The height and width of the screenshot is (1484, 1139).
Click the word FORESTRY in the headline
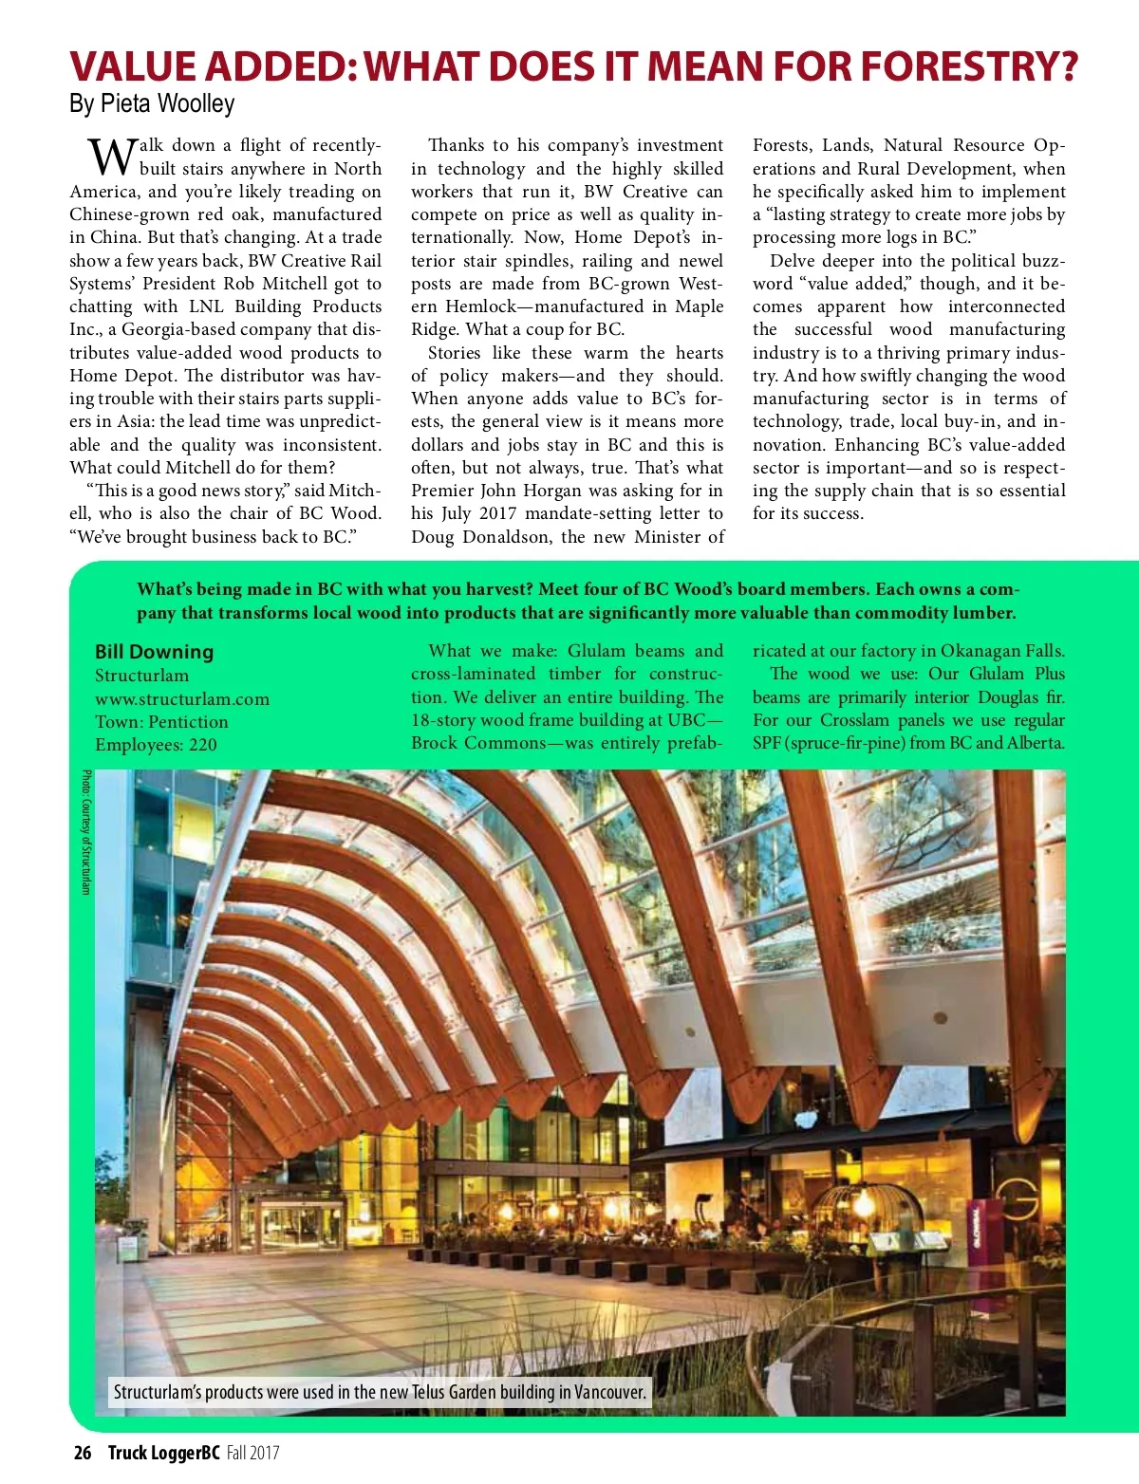tap(972, 65)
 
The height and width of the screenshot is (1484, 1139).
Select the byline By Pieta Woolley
tap(152, 102)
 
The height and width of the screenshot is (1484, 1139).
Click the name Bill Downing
tap(154, 652)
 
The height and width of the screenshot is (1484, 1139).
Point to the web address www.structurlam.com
tap(181, 699)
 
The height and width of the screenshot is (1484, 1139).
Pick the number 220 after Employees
tap(203, 745)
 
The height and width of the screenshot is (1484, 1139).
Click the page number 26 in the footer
tap(83, 1453)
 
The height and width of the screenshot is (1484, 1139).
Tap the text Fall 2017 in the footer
tap(252, 1453)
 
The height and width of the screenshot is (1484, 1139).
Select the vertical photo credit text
tap(85, 832)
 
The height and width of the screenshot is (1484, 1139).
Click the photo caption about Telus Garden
tap(380, 1392)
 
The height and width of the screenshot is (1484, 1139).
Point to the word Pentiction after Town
tap(188, 722)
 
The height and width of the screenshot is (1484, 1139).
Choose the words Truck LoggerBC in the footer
tap(163, 1453)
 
